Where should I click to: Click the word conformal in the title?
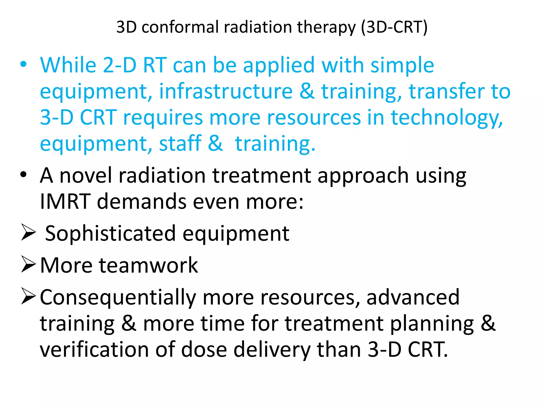pos(180,27)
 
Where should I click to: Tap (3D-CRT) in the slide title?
pos(394,27)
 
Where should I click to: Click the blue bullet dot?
pos(23,64)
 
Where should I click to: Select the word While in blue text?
pos(68,65)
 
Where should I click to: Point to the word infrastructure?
pos(226,91)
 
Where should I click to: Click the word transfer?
pos(446,91)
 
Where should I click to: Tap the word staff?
pos(180,143)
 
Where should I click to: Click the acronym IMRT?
pos(65,202)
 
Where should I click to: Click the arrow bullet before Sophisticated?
pos(28,232)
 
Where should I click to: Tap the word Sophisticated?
pos(110,233)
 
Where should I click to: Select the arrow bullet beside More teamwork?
pos(28,264)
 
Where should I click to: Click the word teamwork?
pos(148,265)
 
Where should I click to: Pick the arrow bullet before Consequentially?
pos(28,296)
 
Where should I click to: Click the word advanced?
pos(413,297)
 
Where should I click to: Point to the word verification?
pos(94,349)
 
